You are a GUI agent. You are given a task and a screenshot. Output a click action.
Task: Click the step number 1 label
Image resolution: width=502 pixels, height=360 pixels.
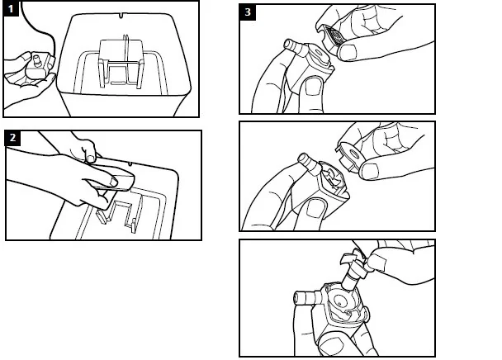11,10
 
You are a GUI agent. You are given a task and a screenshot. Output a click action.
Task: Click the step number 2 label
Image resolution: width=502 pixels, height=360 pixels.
13,137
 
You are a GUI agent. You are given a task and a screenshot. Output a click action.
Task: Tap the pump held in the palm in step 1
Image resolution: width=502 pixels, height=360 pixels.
36,66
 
